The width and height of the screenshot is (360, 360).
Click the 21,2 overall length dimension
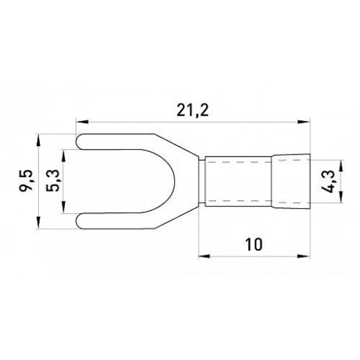click(193, 111)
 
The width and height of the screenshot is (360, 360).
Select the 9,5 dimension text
click(26, 180)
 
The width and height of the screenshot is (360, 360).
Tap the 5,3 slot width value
click(53, 181)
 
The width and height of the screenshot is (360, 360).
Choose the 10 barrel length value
click(253, 244)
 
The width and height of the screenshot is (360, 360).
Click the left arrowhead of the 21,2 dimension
click(82, 121)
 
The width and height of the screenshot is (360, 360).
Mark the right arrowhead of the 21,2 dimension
click(304, 121)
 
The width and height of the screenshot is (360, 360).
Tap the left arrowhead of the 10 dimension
click(204, 256)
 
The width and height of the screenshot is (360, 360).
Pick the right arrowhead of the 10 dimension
click(304, 256)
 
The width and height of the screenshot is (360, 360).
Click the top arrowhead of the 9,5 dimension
click(39, 140)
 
